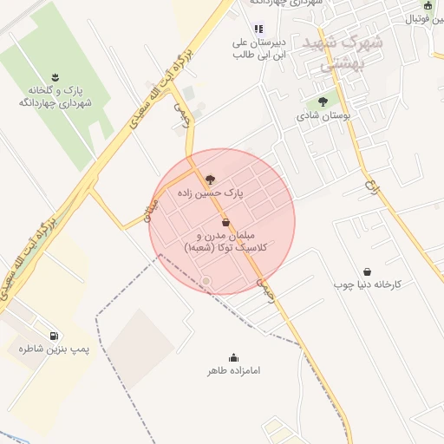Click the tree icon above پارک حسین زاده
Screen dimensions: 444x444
(x=209, y=180)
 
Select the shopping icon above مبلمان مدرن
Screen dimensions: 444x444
(x=226, y=223)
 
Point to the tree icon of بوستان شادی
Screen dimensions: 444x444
(x=323, y=101)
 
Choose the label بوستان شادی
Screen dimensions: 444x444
(x=322, y=115)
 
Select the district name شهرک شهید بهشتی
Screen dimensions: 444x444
(x=328, y=52)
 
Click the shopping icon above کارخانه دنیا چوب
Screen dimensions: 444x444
(x=367, y=271)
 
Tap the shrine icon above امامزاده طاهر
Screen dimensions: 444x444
(x=233, y=357)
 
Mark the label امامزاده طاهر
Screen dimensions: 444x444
(x=233, y=371)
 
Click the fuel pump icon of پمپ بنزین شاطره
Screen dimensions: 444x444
(x=55, y=336)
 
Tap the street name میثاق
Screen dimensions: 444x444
(x=148, y=207)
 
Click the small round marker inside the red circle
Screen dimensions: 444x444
(x=206, y=280)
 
